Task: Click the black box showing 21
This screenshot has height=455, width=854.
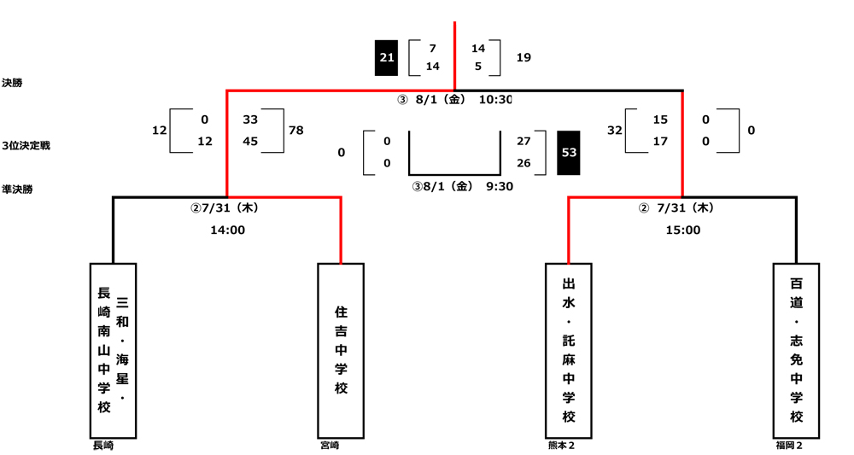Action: pos(387,57)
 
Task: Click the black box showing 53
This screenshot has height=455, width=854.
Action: pos(569,153)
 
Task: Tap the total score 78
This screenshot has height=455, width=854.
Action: pos(296,131)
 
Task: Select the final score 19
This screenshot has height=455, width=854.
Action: pos(524,57)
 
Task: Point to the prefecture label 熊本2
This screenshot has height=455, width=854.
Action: pos(562,445)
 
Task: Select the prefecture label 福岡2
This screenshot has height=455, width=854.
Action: pos(788,445)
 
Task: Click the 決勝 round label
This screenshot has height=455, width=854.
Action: pos(13,83)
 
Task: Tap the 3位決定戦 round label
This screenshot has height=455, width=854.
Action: pos(26,146)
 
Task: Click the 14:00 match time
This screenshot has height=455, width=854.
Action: pos(228,230)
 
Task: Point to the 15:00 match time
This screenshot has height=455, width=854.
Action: pos(682,230)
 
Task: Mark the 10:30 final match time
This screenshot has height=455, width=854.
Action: pos(495,100)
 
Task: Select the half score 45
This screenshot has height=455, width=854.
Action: pos(250,142)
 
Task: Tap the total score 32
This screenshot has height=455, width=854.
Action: pos(615,131)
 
